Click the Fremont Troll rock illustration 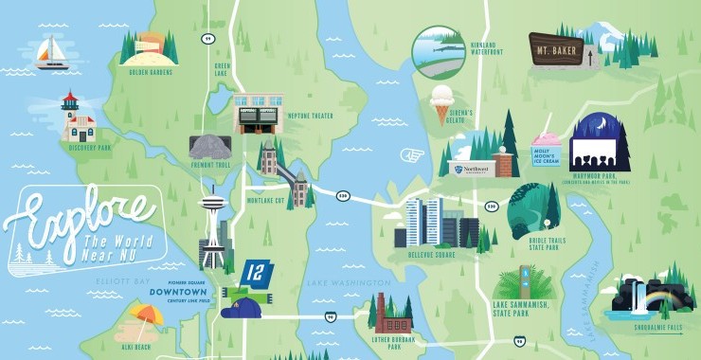(x=211, y=146)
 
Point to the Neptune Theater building (x=257, y=113)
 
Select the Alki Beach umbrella (x=147, y=316)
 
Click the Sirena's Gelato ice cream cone (x=440, y=101)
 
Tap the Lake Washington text (x=349, y=283)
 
